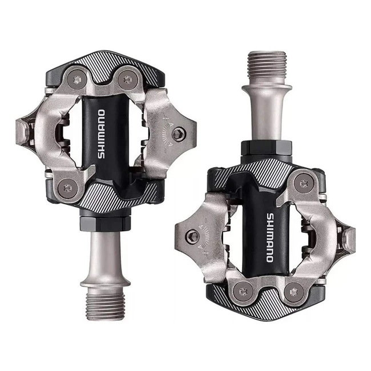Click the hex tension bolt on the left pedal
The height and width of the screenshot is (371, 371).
pyautogui.click(x=179, y=134)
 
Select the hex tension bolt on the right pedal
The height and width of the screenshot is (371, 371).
pyautogui.click(x=193, y=235)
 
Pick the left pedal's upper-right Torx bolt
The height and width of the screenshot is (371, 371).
pyautogui.click(x=127, y=79)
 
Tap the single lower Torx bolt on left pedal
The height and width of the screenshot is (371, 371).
pyautogui.click(x=68, y=188)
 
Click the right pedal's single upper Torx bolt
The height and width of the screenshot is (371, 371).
pyautogui.click(x=303, y=184)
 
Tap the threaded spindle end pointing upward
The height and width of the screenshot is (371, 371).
pyautogui.click(x=267, y=66)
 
